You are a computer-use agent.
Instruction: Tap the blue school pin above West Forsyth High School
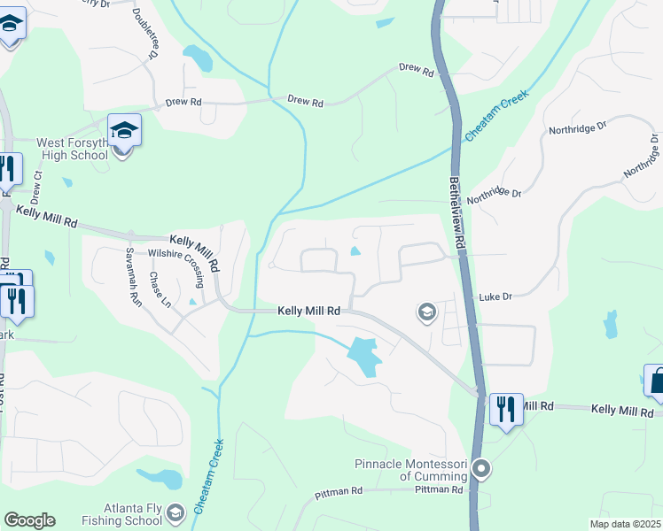click(125, 132)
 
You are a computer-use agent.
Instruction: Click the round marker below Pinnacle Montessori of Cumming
click(481, 468)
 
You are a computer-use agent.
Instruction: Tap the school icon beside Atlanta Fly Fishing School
click(175, 512)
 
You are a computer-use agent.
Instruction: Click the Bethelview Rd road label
click(457, 210)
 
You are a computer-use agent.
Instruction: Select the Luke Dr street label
click(495, 297)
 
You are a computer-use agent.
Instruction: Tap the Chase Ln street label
click(160, 285)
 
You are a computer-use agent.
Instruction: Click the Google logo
click(28, 520)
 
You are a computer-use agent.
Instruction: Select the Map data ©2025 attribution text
click(625, 524)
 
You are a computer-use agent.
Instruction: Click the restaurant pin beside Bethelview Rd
click(506, 410)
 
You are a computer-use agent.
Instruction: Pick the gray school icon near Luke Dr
click(426, 312)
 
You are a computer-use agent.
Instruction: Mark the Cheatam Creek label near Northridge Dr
click(496, 116)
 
